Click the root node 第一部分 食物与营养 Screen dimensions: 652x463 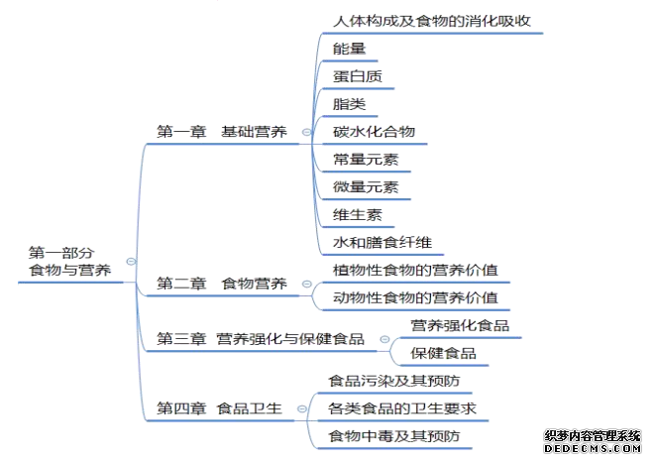[x=69, y=262]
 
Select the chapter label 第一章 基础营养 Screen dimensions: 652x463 [x=222, y=132]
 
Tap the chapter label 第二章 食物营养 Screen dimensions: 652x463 [x=222, y=284]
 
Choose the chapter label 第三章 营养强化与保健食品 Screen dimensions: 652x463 [x=261, y=339]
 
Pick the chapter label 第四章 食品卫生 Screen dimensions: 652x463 [x=219, y=408]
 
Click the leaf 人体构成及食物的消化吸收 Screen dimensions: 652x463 [x=432, y=21]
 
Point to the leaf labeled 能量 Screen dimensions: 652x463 [x=349, y=49]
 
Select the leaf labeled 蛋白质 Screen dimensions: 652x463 [x=358, y=76]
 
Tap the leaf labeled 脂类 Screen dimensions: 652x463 [x=349, y=104]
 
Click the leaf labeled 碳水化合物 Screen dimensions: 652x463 [x=375, y=132]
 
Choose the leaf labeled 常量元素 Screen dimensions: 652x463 [x=366, y=160]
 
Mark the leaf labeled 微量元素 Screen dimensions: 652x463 [x=366, y=186]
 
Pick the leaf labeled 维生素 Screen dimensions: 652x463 [x=358, y=215]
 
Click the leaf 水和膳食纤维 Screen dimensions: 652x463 [x=382, y=242]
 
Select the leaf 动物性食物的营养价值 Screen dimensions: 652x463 [x=415, y=297]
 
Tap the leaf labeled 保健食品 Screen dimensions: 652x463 [x=443, y=353]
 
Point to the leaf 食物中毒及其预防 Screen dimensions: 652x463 [x=394, y=436]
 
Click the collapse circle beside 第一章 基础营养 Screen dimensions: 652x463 [x=306, y=132]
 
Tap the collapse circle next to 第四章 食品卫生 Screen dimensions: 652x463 [x=302, y=408]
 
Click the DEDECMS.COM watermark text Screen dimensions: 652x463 [x=593, y=448]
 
